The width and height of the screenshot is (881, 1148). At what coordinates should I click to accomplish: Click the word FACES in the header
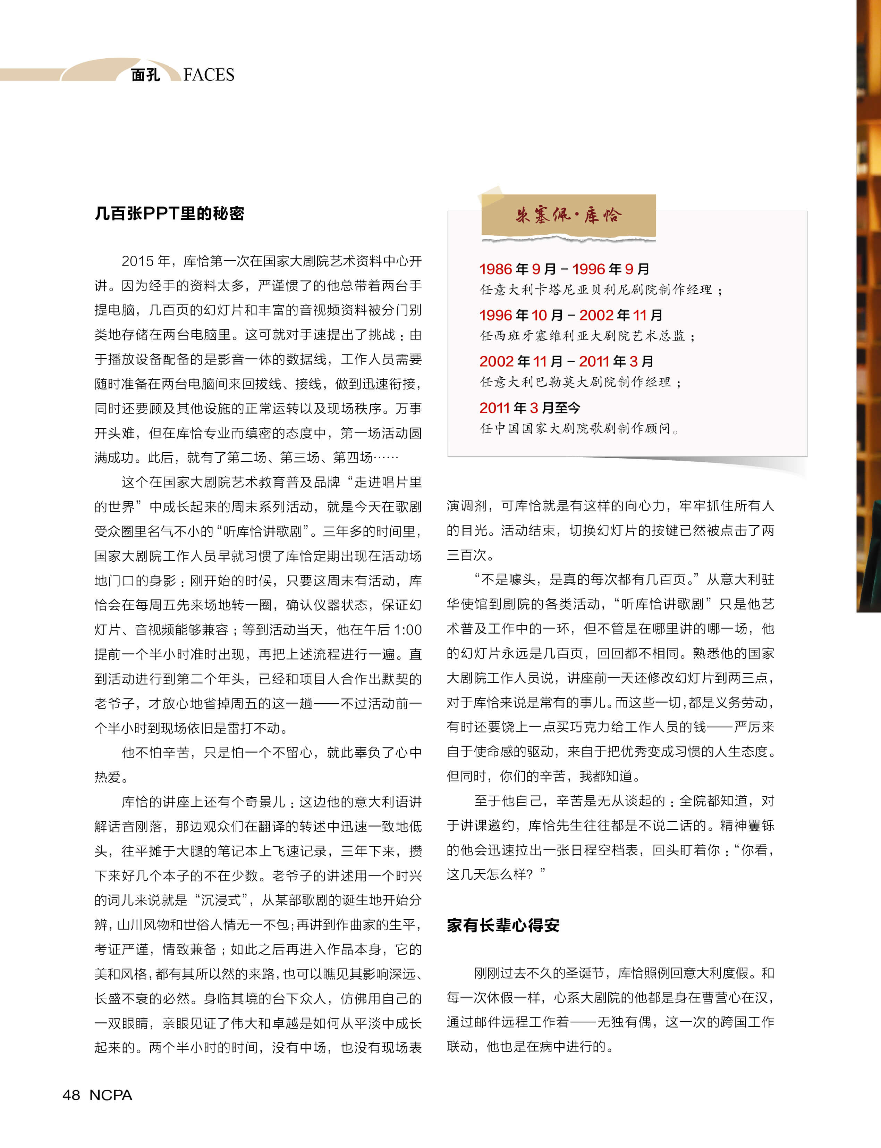[x=209, y=75]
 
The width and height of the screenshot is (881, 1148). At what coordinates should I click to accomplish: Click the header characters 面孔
[x=145, y=75]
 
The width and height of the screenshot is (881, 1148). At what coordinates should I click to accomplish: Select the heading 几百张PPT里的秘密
[x=169, y=213]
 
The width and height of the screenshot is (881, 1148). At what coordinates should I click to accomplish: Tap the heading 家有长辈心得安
[x=503, y=925]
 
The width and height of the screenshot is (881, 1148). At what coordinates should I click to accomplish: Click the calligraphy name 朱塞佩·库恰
[x=568, y=215]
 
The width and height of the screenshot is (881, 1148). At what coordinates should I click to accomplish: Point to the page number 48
[x=71, y=1095]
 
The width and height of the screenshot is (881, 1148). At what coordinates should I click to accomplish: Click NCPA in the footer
[x=111, y=1095]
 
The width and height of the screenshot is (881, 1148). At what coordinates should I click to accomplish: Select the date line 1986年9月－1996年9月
[x=564, y=269]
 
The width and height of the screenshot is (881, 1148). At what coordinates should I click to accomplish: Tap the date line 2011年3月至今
[x=530, y=408]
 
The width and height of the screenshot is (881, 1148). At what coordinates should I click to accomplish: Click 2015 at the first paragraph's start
[x=138, y=261]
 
